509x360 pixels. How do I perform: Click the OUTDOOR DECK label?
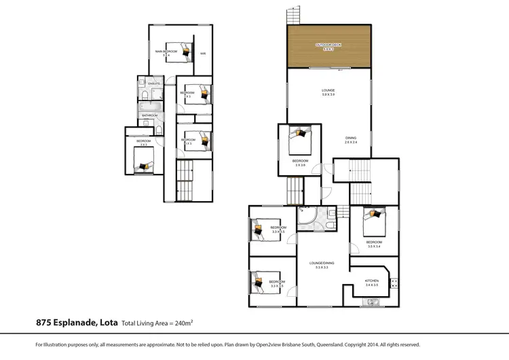pyautogui.click(x=328, y=45)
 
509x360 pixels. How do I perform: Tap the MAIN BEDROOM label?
pyautogui.click(x=166, y=52)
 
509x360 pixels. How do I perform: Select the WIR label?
pyautogui.click(x=202, y=52)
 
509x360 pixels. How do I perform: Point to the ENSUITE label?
pyautogui.click(x=153, y=84)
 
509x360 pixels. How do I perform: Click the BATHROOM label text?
pyautogui.click(x=149, y=115)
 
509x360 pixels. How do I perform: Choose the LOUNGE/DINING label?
pyautogui.click(x=322, y=263)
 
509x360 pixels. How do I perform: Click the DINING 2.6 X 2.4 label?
pyautogui.click(x=350, y=139)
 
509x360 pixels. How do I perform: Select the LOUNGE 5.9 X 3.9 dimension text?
pyautogui.click(x=328, y=94)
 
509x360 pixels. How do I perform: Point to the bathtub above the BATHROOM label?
pyautogui.click(x=148, y=106)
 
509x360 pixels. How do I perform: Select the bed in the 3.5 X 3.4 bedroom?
pyautogui.click(x=373, y=219)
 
